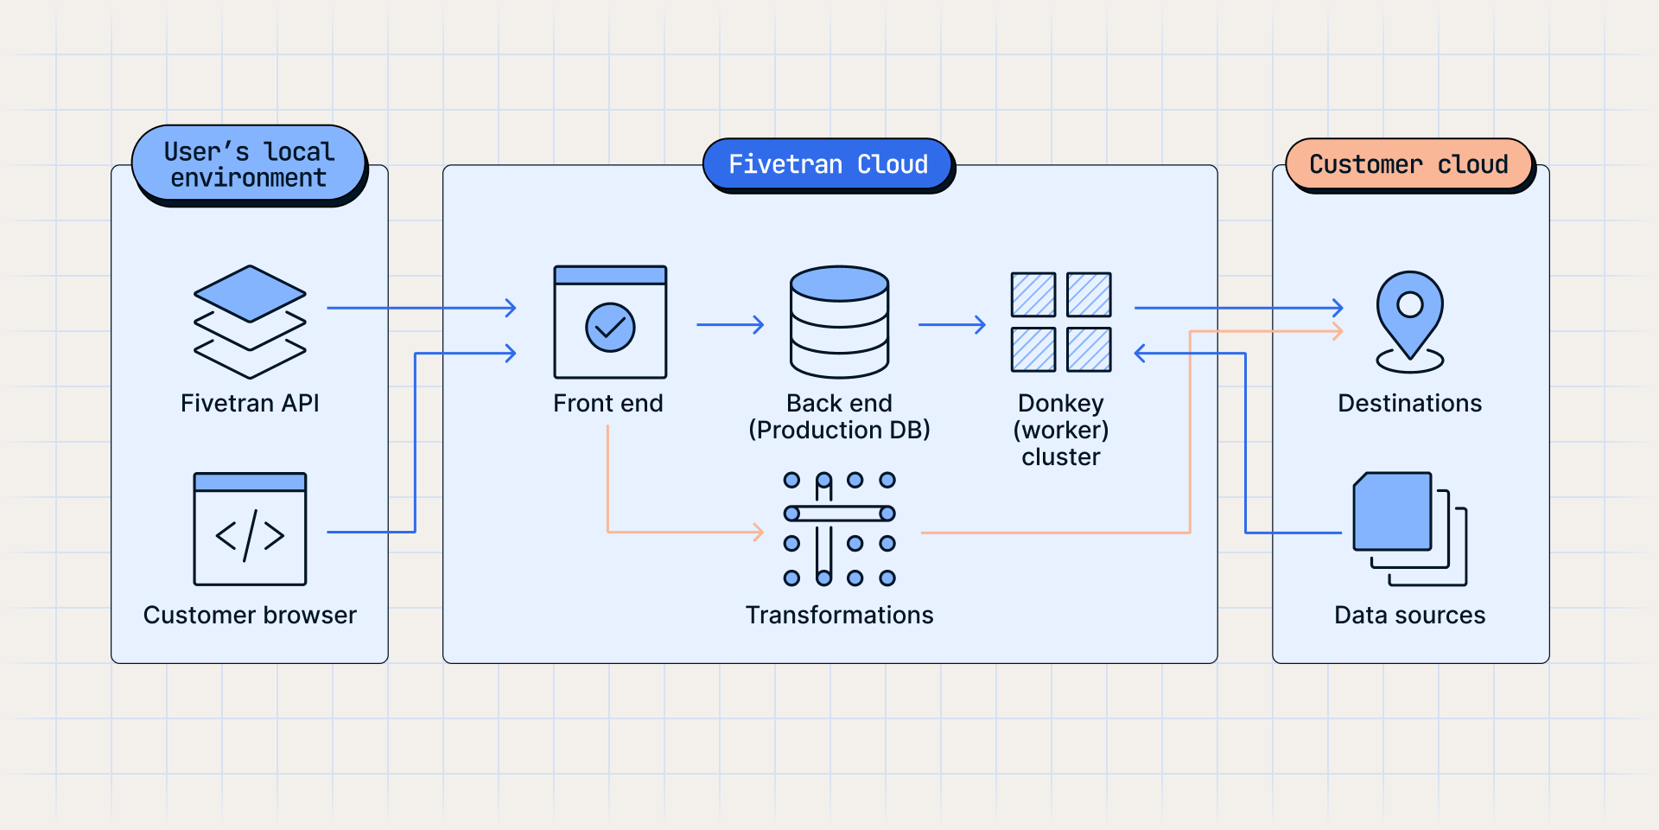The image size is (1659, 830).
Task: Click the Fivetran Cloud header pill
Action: [x=828, y=163]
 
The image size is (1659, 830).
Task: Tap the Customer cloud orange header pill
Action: [x=1408, y=163]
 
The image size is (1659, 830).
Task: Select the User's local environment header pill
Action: [x=249, y=163]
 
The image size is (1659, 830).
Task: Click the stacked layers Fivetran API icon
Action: [x=250, y=321]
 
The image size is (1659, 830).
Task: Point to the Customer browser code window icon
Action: [x=250, y=529]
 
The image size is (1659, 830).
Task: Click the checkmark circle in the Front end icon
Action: [x=610, y=327]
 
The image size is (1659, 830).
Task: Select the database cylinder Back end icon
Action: [x=839, y=322]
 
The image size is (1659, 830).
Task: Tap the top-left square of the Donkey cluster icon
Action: [x=1033, y=295]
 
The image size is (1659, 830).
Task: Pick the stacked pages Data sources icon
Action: [x=1408, y=527]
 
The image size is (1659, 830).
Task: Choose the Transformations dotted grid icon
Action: [x=839, y=529]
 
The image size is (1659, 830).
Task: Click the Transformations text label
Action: [x=839, y=615]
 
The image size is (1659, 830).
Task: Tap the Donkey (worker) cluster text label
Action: [x=1060, y=430]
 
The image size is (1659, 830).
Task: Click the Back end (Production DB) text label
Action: [x=839, y=416]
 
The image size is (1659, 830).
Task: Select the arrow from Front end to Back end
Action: [x=730, y=325]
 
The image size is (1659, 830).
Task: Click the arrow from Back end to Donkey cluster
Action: [x=951, y=325]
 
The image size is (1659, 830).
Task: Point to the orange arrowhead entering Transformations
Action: [x=758, y=532]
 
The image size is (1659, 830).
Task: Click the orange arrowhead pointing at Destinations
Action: [x=1338, y=331]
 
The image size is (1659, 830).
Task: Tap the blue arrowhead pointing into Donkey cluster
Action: [x=1141, y=353]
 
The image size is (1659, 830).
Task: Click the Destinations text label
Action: [x=1409, y=403]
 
